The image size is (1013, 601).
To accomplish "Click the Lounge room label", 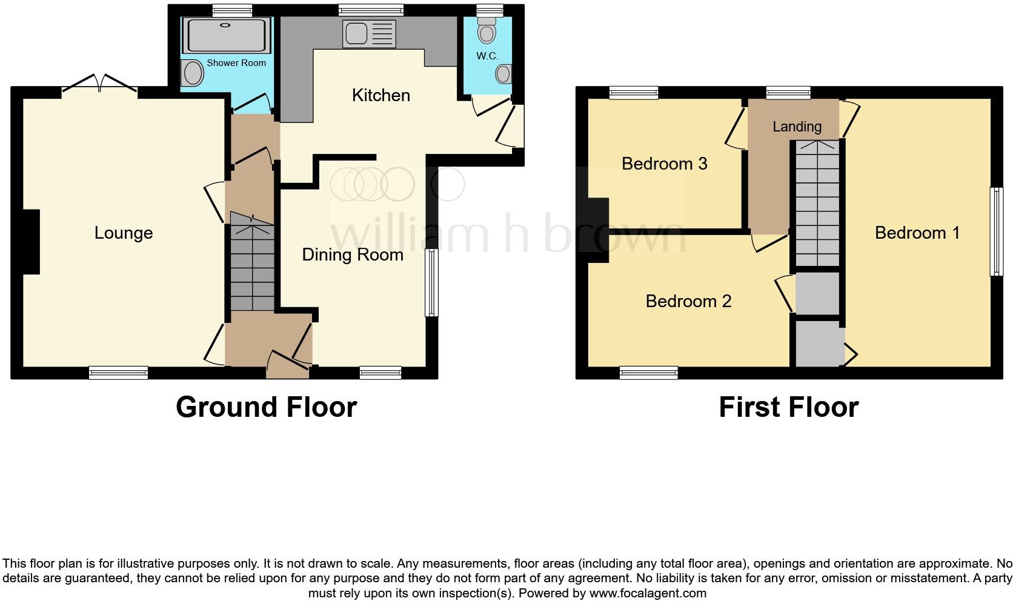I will pos(124,233).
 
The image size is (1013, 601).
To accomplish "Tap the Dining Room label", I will pos(353,254).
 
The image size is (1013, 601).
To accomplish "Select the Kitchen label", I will pos(381,95).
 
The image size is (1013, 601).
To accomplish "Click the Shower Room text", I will pos(236,63).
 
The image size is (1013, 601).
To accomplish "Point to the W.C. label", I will pos(487,56).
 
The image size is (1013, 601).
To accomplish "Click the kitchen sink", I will pos(369,33).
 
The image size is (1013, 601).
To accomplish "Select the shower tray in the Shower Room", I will pos(227,35).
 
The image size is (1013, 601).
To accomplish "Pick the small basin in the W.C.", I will pos(503,75).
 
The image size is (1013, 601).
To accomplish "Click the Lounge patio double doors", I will pos(100,85).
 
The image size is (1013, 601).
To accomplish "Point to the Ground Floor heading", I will pos(266,407).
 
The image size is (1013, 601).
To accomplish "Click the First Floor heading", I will pos(788,407).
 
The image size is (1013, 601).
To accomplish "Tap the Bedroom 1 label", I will pos(917,233).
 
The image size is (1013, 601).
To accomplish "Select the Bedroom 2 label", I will pos(688,301).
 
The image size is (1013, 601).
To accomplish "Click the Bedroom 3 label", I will pos(664,164).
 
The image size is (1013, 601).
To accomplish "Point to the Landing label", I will pos(797,127).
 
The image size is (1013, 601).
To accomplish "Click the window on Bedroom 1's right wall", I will pos(996,231).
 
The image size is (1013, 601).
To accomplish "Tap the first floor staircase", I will pos(817,203).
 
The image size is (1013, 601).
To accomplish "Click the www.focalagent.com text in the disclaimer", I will pos(648,593).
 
